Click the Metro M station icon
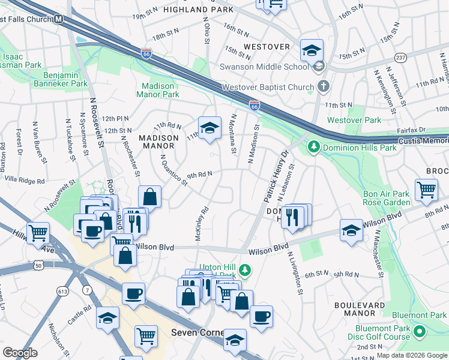coord(59,19)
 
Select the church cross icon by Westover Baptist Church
coord(324,86)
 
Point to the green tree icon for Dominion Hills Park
coord(313,146)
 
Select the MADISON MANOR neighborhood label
coord(159,142)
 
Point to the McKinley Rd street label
coord(201,224)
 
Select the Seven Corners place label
coord(197,332)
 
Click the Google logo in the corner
coord(20,352)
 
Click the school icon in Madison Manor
coord(209,128)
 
